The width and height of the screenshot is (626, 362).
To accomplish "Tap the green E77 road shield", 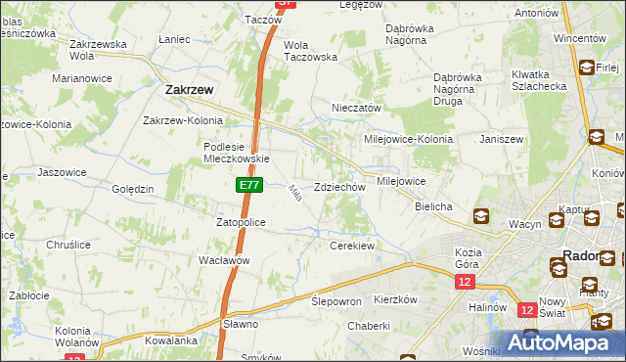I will tap(247, 184).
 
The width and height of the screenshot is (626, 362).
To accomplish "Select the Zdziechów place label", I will tap(339, 187).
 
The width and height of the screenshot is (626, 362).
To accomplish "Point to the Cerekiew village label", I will tap(353, 246).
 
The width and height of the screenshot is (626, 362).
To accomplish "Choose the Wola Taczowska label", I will tap(309, 51).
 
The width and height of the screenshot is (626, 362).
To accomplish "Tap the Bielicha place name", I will tap(433, 207).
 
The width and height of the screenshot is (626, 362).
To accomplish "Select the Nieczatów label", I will tap(356, 108).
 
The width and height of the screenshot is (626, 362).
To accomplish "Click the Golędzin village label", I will tap(133, 189).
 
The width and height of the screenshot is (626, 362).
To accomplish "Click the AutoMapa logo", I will tap(561, 342).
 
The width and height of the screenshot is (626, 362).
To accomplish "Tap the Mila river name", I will tap(293, 194).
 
